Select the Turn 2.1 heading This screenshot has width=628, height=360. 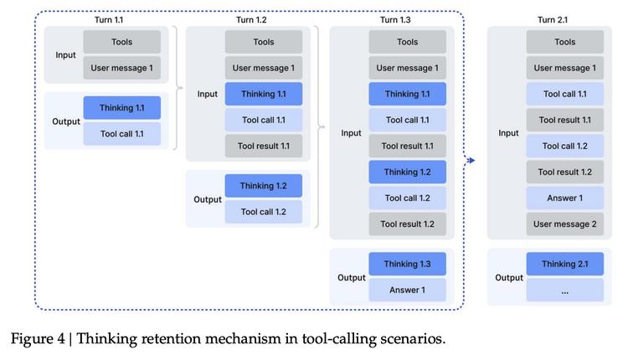[554, 19]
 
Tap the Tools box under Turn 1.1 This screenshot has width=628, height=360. [121, 42]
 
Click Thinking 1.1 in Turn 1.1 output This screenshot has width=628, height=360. [121, 108]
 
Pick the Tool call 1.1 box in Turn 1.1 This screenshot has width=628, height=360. [121, 134]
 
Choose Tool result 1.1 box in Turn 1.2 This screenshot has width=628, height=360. [263, 147]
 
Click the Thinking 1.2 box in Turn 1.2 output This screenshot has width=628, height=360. [263, 186]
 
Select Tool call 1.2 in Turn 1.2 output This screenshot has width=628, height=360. [263, 212]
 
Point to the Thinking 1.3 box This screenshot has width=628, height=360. [407, 265]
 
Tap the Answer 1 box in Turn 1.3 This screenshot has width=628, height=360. [407, 291]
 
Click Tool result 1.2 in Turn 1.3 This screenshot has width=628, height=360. [407, 224]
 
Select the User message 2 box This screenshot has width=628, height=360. [565, 224]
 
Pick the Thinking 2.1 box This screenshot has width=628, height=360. [565, 265]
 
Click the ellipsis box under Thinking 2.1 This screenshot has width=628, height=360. [565, 291]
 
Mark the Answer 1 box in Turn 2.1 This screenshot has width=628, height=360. [565, 198]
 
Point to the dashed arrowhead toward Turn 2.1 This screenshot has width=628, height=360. [471, 161]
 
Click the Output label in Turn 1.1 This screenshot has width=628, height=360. [66, 121]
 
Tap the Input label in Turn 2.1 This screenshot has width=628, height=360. [508, 133]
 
